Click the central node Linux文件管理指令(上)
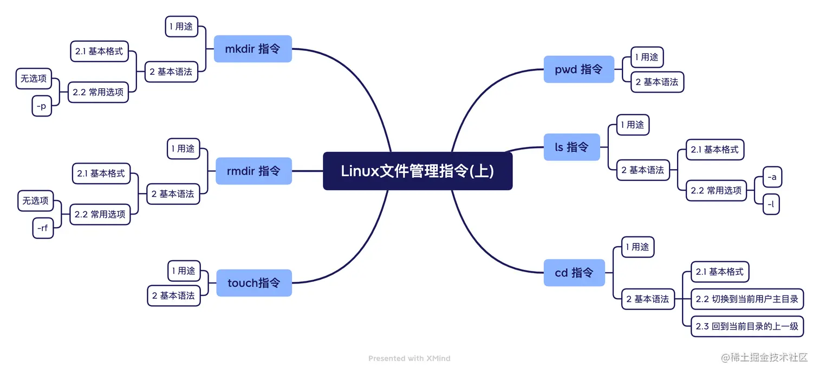(417, 171)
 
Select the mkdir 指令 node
(252, 49)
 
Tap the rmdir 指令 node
(253, 171)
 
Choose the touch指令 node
(253, 283)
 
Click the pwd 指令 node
(578, 69)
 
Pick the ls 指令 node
(571, 147)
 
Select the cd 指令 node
(574, 273)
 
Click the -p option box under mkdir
(42, 106)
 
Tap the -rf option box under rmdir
(43, 228)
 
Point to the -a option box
(772, 177)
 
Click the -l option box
(771, 204)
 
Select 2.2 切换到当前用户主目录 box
(746, 299)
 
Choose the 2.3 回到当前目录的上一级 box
(746, 326)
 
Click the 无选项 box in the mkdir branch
(34, 79)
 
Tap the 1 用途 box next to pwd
(647, 57)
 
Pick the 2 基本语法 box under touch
(173, 295)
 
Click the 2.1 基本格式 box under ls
(714, 150)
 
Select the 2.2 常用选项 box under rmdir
(100, 215)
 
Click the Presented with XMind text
(409, 358)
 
